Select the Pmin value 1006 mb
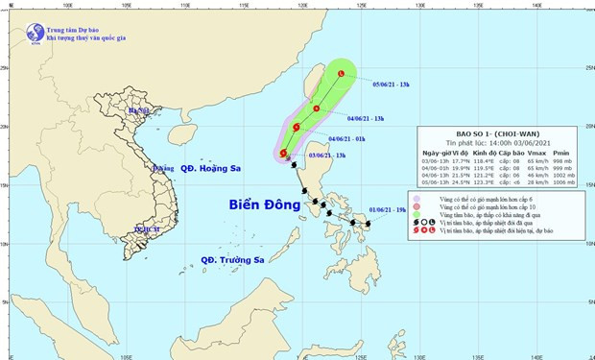(563, 180)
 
